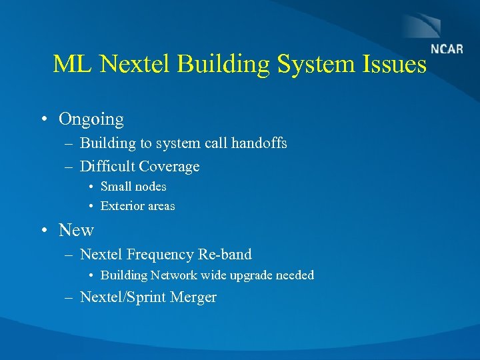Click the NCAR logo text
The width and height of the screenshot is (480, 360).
tap(447, 49)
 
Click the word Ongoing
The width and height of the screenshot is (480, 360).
tap(91, 120)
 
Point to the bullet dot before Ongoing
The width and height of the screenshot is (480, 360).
tap(43, 120)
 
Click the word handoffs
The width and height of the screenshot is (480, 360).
tap(259, 143)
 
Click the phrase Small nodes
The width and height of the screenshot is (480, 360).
tap(133, 187)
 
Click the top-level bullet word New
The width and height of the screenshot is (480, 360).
tap(76, 231)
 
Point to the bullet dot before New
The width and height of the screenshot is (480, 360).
tap(43, 231)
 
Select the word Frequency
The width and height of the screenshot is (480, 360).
tap(162, 255)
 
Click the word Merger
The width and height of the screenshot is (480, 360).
tap(193, 297)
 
